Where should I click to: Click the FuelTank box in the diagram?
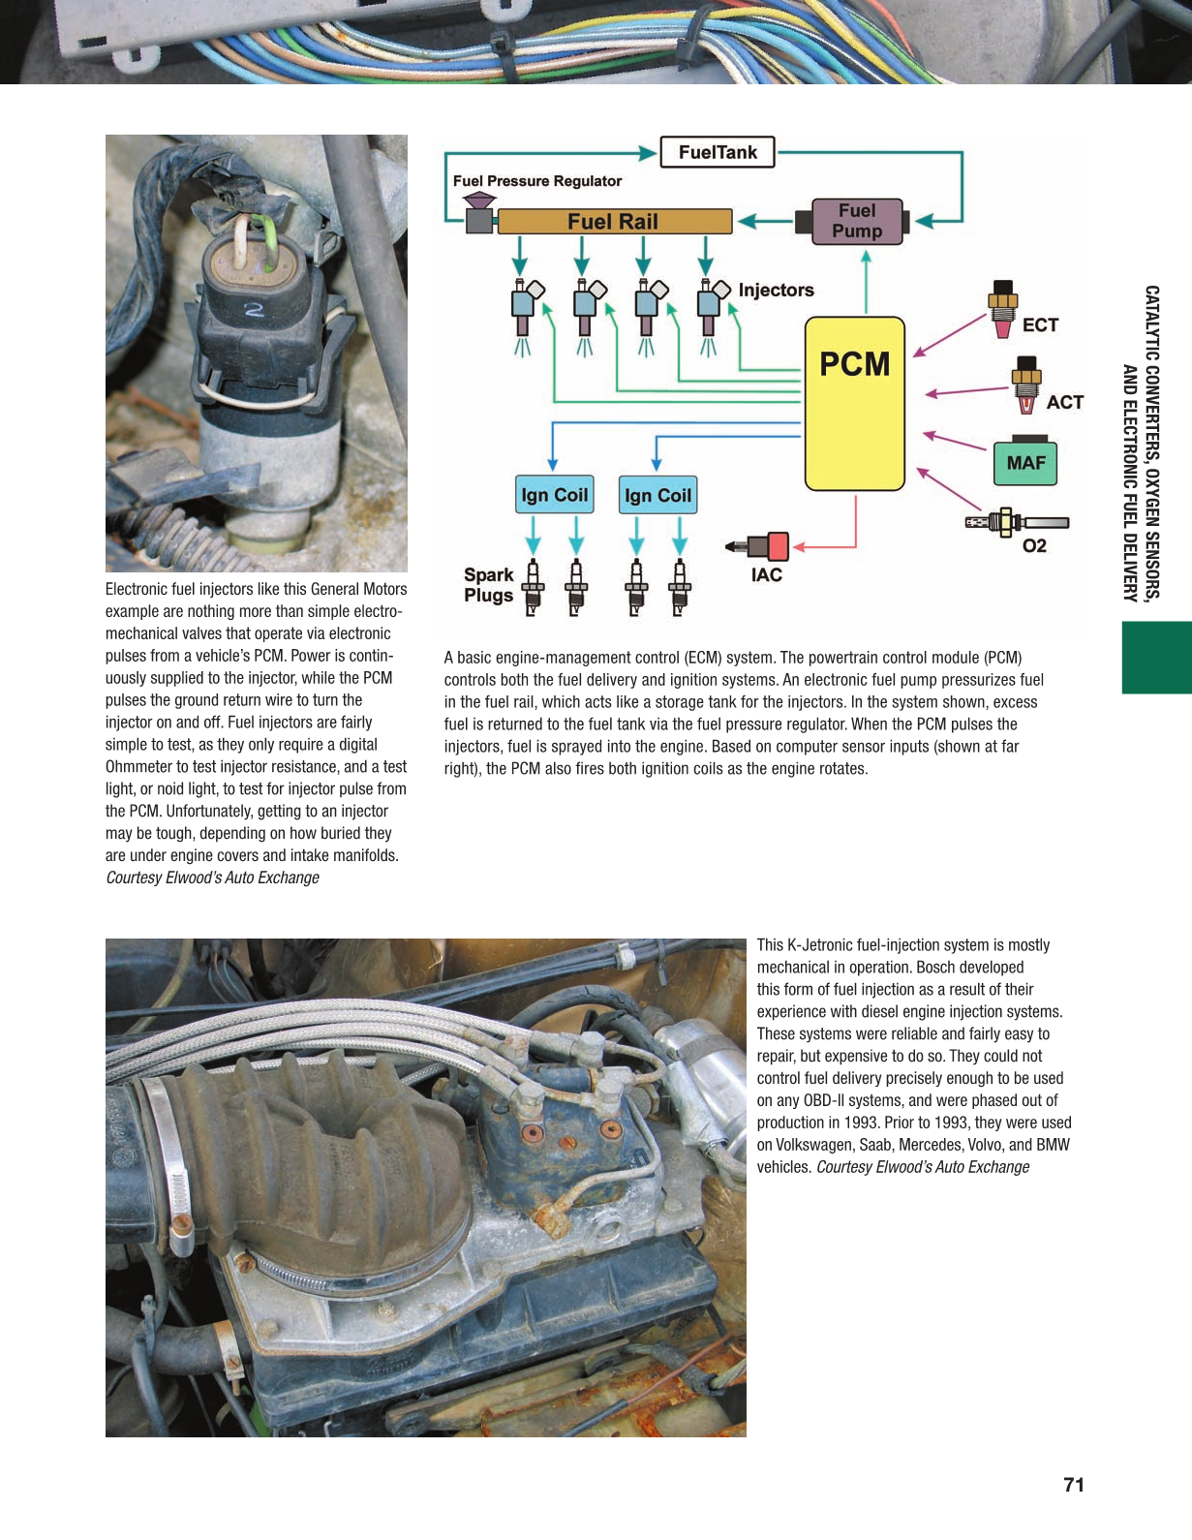click(x=718, y=152)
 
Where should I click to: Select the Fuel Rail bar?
click(x=614, y=222)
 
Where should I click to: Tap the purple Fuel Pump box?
click(x=857, y=221)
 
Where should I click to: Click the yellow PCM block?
click(x=855, y=403)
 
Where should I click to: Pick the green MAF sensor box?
click(x=1025, y=463)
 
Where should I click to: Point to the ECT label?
click(x=1040, y=325)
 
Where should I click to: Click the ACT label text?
click(x=1064, y=402)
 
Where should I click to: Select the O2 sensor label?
click(x=1034, y=546)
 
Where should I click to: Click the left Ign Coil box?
click(x=554, y=495)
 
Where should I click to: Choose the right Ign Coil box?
click(x=658, y=496)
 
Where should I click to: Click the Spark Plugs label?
click(x=489, y=585)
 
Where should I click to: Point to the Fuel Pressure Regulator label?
click(x=537, y=181)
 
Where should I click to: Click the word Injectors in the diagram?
click(x=776, y=291)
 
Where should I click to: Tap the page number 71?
click(x=1073, y=1485)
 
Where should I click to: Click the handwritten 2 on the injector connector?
click(x=255, y=310)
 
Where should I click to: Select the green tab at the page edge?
click(x=1156, y=658)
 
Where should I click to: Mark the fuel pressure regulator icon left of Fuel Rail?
click(x=479, y=214)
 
